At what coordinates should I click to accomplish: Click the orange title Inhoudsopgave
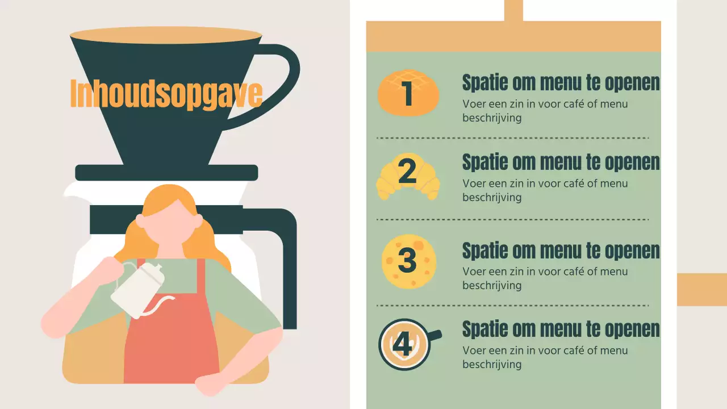166,93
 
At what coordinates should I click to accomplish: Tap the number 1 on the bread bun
407,93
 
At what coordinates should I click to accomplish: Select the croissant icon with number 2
408,176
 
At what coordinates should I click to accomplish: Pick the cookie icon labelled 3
408,261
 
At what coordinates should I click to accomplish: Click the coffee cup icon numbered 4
410,344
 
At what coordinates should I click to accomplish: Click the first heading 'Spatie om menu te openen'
561,83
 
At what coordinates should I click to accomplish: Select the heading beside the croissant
561,162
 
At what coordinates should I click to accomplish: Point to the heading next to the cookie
561,251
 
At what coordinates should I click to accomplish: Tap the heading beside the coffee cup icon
561,329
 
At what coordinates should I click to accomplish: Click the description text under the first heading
545,111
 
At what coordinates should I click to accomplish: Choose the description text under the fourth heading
545,357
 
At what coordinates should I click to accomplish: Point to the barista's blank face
169,224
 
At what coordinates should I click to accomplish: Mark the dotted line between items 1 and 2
512,138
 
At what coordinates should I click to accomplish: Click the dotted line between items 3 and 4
512,306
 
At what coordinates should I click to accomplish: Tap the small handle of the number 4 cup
436,335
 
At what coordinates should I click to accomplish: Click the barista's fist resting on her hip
208,386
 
